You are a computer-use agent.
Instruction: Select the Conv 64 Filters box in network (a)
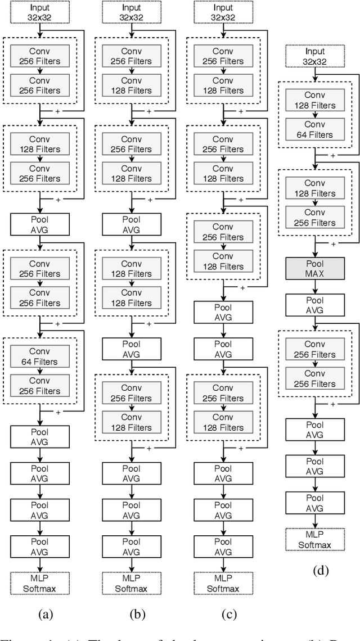click(40, 356)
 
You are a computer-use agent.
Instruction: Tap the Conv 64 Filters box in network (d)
click(314, 129)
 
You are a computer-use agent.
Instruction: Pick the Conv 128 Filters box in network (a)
click(40, 143)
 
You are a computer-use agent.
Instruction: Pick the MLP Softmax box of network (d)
click(314, 539)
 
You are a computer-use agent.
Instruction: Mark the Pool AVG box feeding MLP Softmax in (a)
click(40, 544)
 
